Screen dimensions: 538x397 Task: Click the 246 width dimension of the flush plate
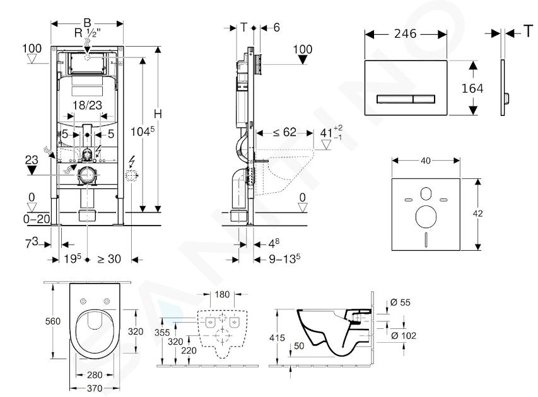[405, 33]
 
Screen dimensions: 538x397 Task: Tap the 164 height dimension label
[472, 88]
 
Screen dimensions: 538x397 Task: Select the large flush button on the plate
[395, 99]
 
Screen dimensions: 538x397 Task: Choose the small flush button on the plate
[424, 99]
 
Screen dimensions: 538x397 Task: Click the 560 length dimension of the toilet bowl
[53, 321]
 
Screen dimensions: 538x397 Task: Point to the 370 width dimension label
[95, 388]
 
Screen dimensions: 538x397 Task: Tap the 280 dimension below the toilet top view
[95, 375]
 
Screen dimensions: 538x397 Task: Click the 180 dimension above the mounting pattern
[222, 294]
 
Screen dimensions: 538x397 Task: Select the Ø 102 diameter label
[404, 335]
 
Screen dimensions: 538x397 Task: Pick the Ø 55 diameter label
[401, 302]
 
